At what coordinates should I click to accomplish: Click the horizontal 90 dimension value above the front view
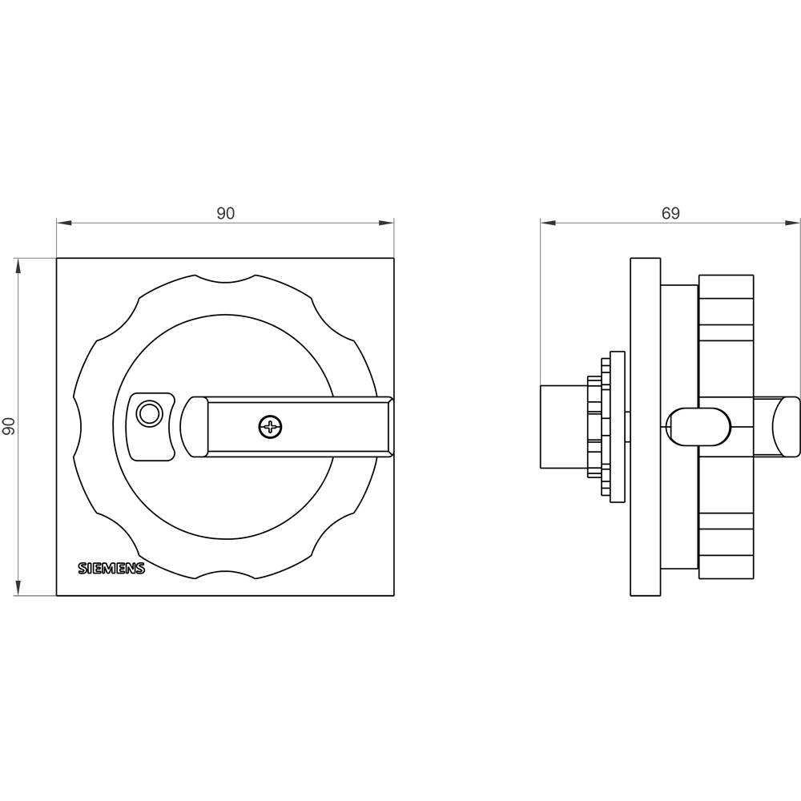(225, 213)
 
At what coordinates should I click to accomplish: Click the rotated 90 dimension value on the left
(10, 426)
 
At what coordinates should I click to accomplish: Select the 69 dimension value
(670, 213)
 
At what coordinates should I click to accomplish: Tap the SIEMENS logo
(111, 568)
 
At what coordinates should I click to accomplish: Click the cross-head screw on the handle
(270, 427)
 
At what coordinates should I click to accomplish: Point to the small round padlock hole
(148, 414)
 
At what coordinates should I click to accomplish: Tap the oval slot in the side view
(697, 425)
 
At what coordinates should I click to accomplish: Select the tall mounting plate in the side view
(645, 427)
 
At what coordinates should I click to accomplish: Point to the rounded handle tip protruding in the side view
(787, 426)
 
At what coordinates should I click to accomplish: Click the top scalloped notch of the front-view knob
(225, 277)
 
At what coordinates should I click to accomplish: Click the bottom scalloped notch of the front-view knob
(225, 576)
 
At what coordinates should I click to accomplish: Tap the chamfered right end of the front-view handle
(388, 427)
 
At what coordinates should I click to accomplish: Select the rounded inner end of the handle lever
(191, 427)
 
